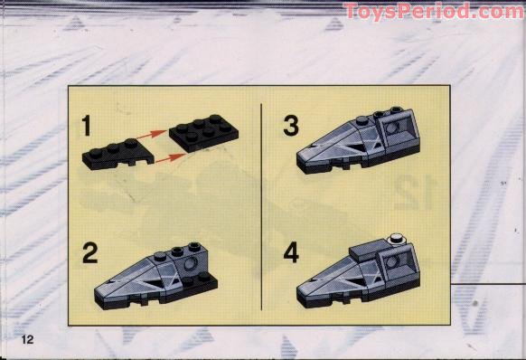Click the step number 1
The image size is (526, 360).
[88, 124]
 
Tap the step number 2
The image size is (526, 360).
[89, 252]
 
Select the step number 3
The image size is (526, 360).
[290, 126]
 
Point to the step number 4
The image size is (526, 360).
[290, 251]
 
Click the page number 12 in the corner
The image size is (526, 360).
[28, 339]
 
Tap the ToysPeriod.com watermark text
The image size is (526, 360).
[434, 12]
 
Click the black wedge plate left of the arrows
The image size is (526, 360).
[111, 154]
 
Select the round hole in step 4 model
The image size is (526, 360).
[391, 261]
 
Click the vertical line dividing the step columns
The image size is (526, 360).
[261, 208]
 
